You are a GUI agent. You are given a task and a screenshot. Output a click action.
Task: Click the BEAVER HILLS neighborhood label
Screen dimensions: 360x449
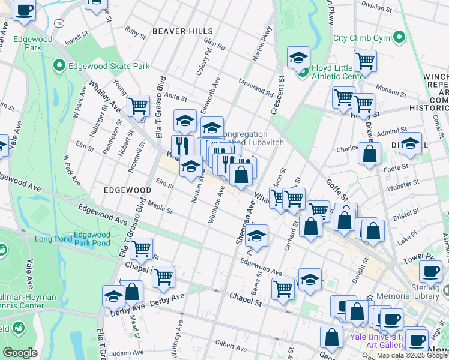[x=182, y=31]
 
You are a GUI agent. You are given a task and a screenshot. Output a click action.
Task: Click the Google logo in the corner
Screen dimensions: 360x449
[x=20, y=353]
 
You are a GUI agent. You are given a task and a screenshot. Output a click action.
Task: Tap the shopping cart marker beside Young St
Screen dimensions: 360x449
[x=138, y=106]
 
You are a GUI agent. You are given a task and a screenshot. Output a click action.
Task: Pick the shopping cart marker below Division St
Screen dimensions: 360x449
[x=364, y=60]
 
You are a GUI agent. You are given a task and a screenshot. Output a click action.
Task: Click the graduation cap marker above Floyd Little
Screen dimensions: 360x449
[x=298, y=58]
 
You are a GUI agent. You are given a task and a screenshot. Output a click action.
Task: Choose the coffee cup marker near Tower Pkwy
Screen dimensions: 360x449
[x=430, y=271]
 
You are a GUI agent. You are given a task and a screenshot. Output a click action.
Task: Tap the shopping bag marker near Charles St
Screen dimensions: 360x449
[x=369, y=154]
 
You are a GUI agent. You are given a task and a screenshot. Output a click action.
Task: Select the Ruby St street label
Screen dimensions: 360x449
[x=136, y=35]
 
